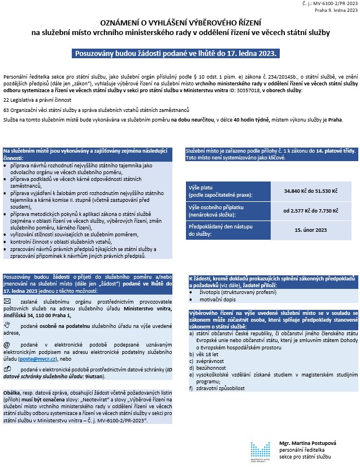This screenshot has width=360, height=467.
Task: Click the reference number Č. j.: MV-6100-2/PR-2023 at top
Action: (331, 5)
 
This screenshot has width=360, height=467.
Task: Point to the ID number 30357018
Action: (237, 90)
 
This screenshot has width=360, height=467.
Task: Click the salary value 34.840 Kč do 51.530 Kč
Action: (314, 192)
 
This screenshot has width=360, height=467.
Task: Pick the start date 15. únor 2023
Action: (314, 230)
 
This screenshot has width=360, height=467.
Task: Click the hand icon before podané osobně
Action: (7, 325)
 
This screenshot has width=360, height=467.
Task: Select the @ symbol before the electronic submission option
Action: (7, 344)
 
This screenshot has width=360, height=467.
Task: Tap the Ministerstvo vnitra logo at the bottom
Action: (261, 450)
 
